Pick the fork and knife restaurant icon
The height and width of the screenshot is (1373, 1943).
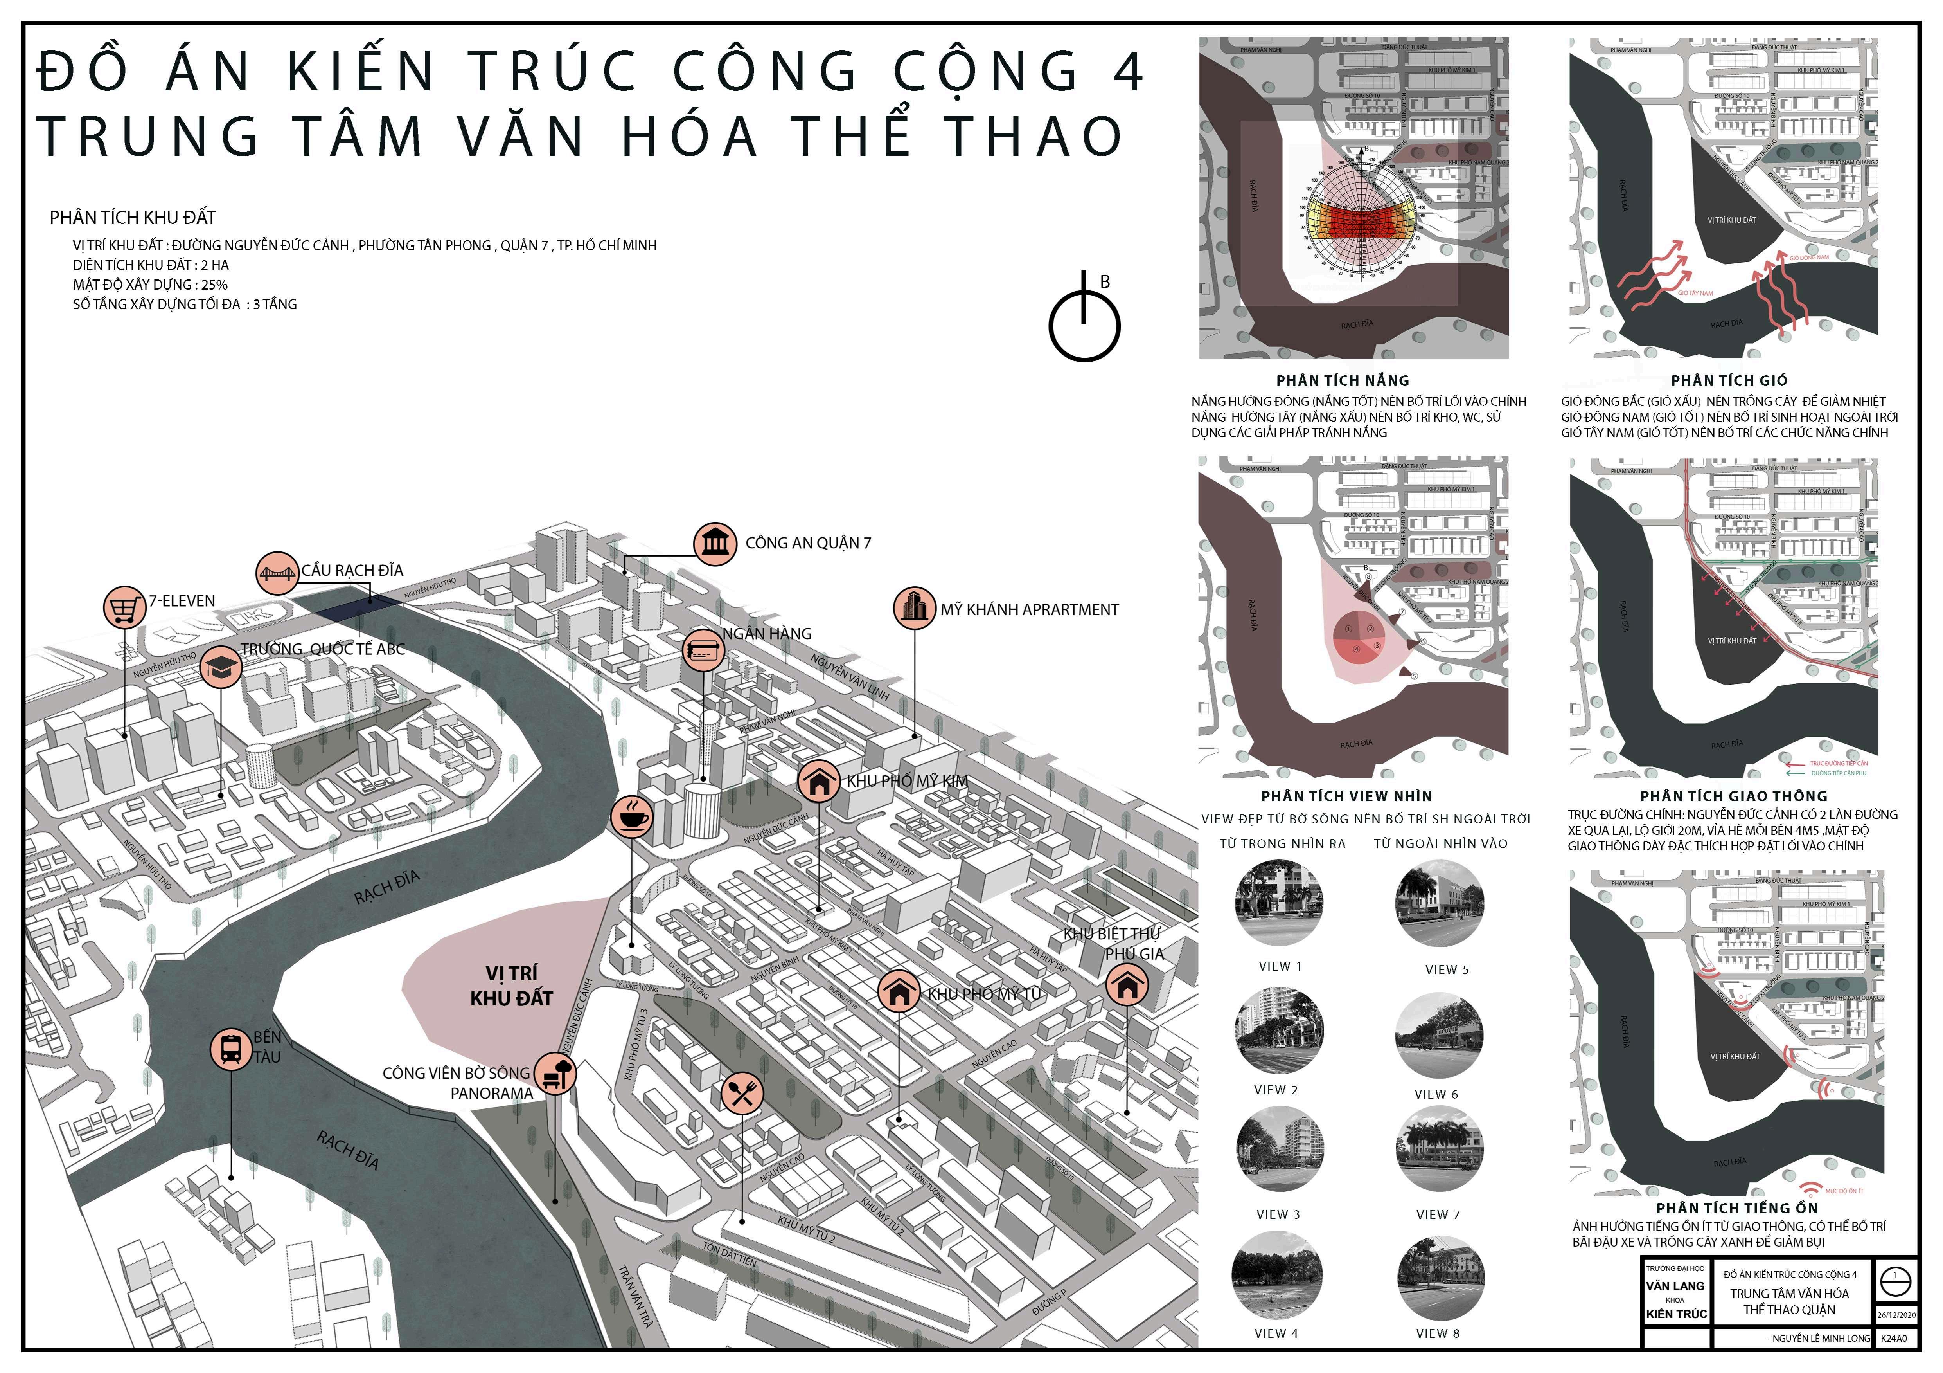[742, 1094]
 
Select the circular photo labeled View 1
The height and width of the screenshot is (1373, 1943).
[1279, 903]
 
